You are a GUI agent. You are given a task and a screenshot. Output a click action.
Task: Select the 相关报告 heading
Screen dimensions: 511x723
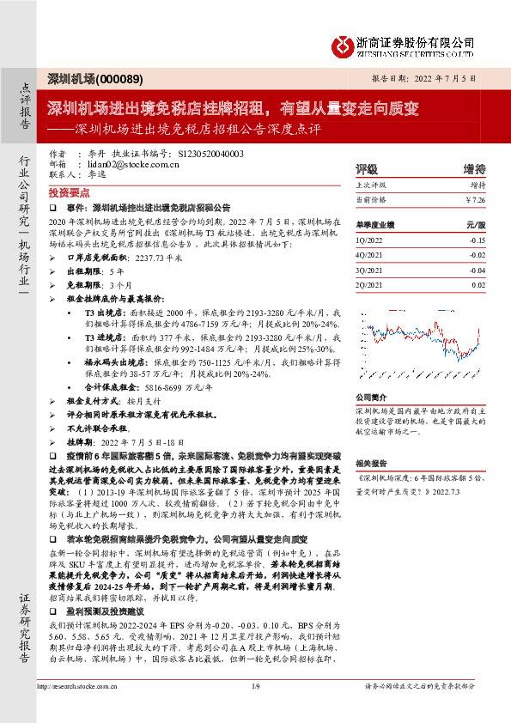(371, 462)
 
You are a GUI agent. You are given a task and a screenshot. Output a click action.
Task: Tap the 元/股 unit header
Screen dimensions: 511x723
(476, 223)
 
